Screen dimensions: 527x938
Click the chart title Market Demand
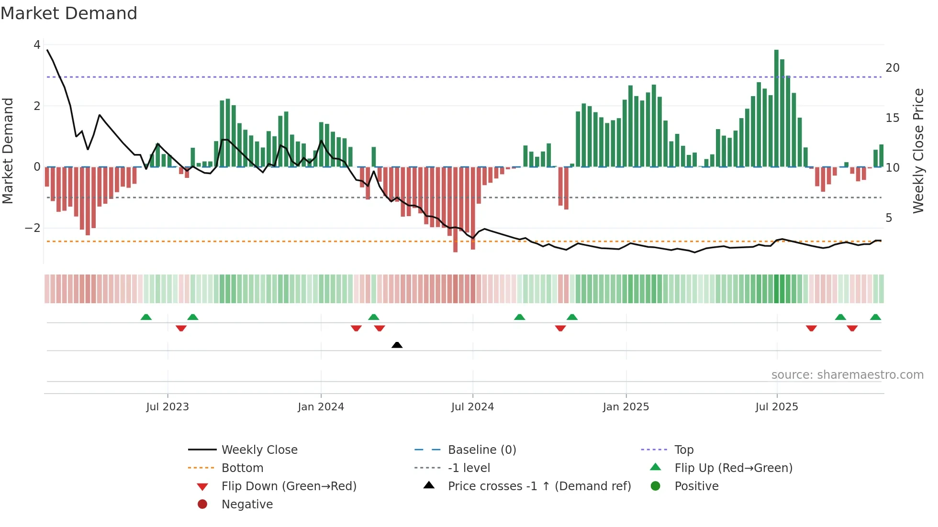pyautogui.click(x=69, y=13)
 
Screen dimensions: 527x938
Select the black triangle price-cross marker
pyautogui.click(x=397, y=345)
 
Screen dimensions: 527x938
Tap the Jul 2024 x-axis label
pyautogui.click(x=472, y=407)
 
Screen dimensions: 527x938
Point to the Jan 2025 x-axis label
pyautogui.click(x=625, y=407)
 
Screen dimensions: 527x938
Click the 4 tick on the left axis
pyautogui.click(x=37, y=45)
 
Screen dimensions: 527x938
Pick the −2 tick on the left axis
pyautogui.click(x=33, y=228)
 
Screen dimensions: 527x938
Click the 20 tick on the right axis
pyautogui.click(x=892, y=68)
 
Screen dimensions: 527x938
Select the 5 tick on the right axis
pyautogui.click(x=889, y=218)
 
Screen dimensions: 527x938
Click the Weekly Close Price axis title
pyautogui.click(x=918, y=151)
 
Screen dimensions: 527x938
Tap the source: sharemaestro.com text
pyautogui.click(x=847, y=375)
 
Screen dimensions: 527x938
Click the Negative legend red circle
pyautogui.click(x=202, y=505)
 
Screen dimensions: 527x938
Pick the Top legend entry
pyautogui.click(x=683, y=450)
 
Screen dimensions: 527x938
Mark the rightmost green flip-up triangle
pyautogui.click(x=875, y=317)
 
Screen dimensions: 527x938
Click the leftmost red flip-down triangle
pyautogui.click(x=181, y=328)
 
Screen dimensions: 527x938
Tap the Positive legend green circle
pyautogui.click(x=656, y=486)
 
